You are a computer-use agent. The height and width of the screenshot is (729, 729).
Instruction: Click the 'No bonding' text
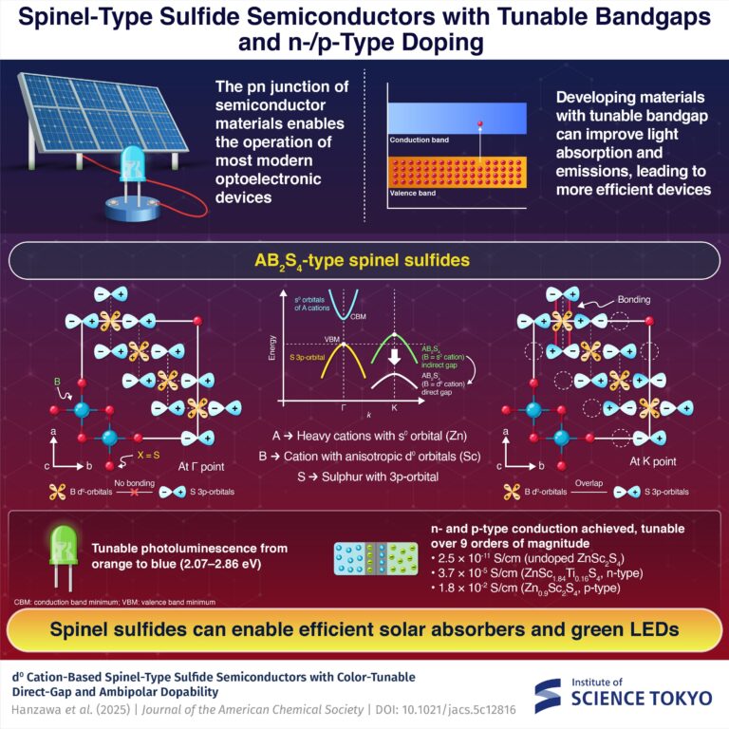click(x=140, y=482)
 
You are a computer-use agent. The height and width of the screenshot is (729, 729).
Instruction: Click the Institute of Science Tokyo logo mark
click(x=551, y=695)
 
